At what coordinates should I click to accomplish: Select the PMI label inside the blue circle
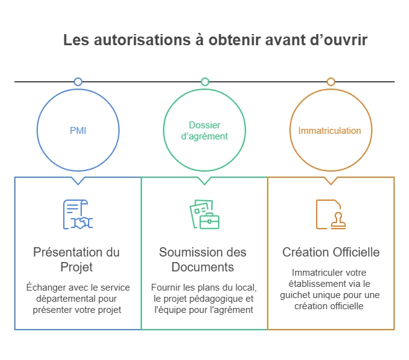(x=77, y=131)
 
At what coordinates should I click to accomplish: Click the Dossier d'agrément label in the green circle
(x=205, y=131)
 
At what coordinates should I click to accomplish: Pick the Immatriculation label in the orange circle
(x=330, y=131)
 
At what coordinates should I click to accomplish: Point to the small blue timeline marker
(x=77, y=82)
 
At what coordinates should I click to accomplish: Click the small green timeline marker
(x=205, y=82)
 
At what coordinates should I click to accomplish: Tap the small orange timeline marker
(x=331, y=82)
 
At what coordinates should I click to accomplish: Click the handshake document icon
(x=77, y=214)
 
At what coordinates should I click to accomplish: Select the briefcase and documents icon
(x=204, y=214)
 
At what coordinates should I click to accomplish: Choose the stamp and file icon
(x=330, y=214)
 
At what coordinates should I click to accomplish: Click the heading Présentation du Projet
(x=77, y=260)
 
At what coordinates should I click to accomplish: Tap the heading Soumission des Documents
(x=203, y=260)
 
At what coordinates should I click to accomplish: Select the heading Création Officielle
(x=331, y=252)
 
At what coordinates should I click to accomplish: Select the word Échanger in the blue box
(x=46, y=288)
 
